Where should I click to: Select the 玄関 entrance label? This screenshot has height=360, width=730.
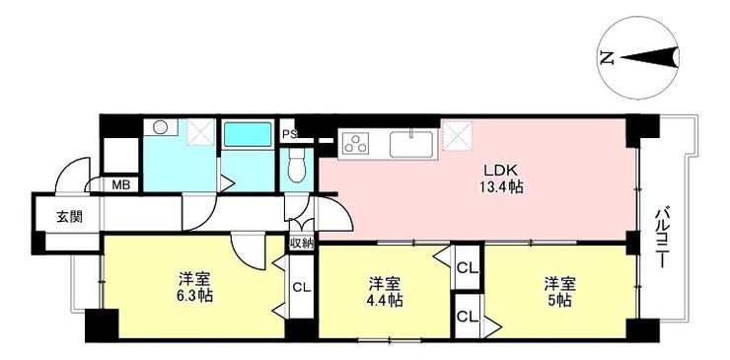pyautogui.click(x=68, y=217)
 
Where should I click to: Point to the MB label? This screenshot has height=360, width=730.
pyautogui.click(x=120, y=184)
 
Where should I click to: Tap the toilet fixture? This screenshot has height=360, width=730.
pyautogui.click(x=296, y=171)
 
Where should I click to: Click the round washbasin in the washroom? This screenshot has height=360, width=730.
pyautogui.click(x=161, y=128)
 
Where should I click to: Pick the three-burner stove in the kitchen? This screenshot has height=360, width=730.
pyautogui.click(x=356, y=144)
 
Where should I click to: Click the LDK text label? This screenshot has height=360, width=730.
pyautogui.click(x=493, y=169)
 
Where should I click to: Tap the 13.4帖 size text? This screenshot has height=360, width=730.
pyautogui.click(x=501, y=187)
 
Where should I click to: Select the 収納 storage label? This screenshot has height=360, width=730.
pyautogui.click(x=301, y=243)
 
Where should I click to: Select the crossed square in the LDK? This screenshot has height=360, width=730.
pyautogui.click(x=457, y=135)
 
